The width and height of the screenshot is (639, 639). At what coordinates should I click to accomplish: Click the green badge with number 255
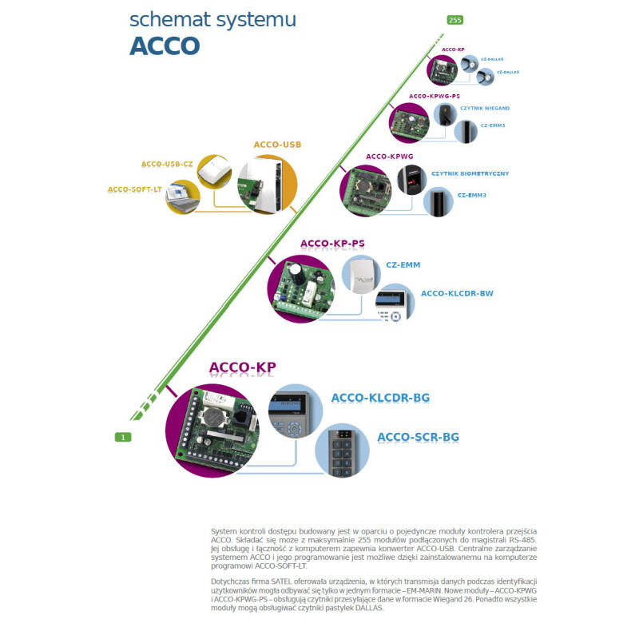tap(454, 20)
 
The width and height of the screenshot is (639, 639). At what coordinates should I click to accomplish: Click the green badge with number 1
tap(122, 436)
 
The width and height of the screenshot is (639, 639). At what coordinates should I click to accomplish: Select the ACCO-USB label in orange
tap(277, 145)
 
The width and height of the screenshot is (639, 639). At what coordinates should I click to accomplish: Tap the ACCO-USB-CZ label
tap(167, 164)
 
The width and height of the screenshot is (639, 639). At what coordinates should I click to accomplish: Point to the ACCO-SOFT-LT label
tap(134, 189)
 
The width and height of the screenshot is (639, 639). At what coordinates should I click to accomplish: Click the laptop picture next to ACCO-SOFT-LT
tap(183, 196)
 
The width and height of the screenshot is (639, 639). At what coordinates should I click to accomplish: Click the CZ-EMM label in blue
tap(403, 264)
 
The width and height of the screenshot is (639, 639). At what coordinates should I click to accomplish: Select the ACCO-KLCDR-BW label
tap(457, 293)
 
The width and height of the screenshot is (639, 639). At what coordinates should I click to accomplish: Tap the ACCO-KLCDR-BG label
tap(380, 397)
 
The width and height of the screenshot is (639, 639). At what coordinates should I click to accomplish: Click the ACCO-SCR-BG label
tap(418, 437)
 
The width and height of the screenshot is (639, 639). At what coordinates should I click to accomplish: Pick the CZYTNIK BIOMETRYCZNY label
tap(470, 173)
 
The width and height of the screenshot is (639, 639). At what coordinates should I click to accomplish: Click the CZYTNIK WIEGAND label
tap(485, 108)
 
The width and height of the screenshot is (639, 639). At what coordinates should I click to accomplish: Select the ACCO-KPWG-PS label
tap(435, 96)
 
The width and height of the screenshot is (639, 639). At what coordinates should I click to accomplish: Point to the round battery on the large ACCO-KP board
tap(213, 417)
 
